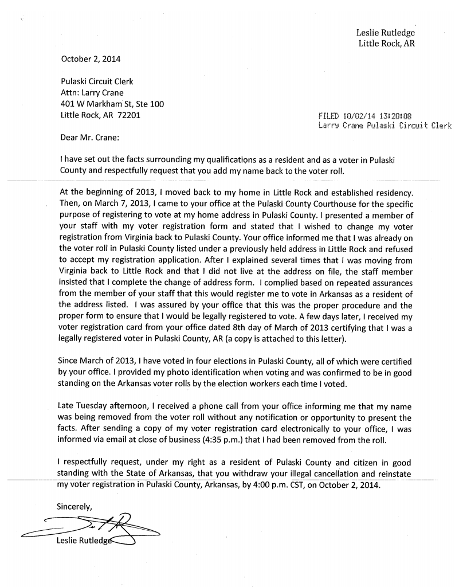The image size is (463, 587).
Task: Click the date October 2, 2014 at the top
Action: [x=91, y=58]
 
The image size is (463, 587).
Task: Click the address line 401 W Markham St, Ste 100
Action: [x=112, y=104]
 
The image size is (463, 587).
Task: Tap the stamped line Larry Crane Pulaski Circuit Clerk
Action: [x=384, y=125]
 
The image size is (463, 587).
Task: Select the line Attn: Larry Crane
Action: [x=92, y=92]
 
